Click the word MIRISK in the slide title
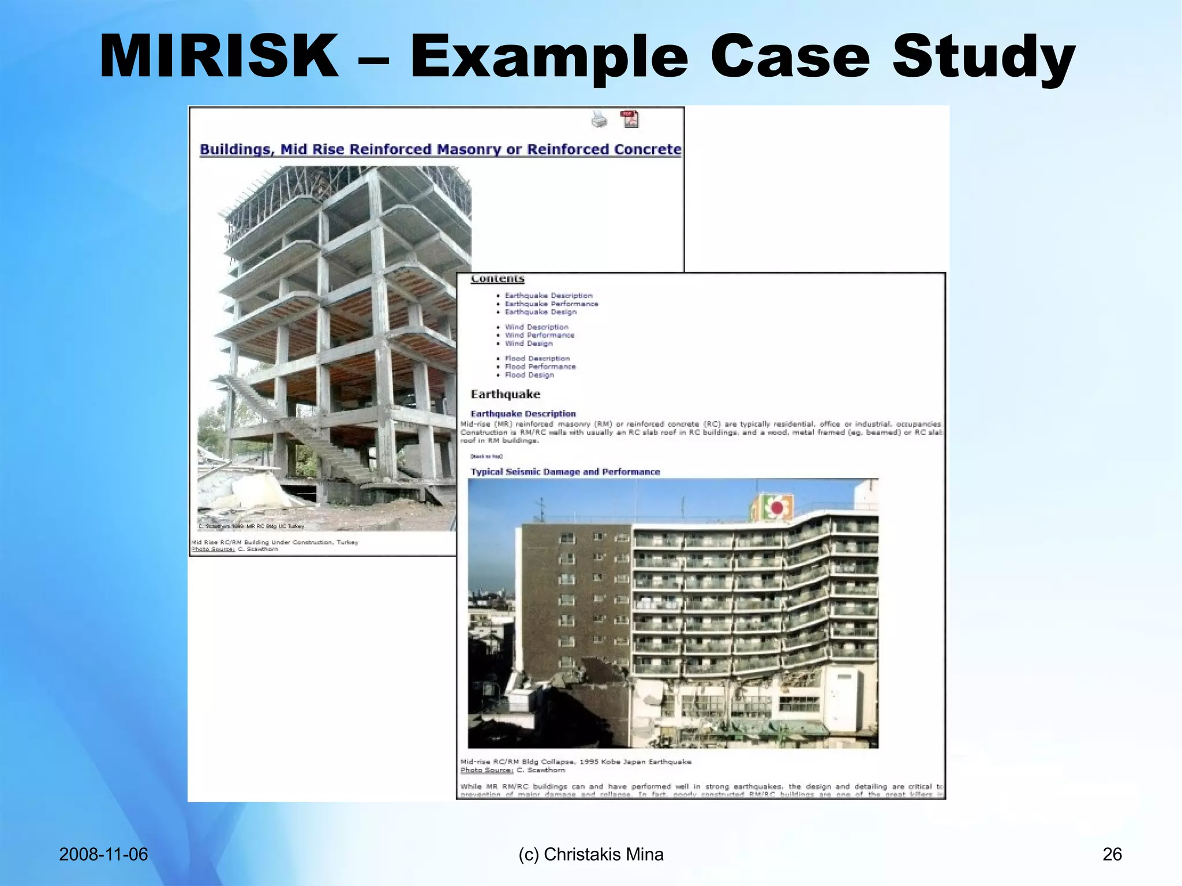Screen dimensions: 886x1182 point(219,57)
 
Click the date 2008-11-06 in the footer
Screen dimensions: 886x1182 point(103,854)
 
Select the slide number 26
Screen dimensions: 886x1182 point(1112,854)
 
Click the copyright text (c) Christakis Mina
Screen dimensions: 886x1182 point(591,854)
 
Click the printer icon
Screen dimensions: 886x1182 point(599,119)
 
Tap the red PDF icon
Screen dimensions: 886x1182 point(630,119)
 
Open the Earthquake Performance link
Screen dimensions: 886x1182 point(551,304)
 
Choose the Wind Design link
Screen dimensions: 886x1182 point(529,343)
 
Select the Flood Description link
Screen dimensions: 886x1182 point(537,358)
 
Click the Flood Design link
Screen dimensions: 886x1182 point(529,375)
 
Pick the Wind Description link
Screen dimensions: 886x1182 point(536,327)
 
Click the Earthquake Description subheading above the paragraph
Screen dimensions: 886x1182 point(523,414)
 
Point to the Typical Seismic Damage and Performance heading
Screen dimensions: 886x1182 point(565,472)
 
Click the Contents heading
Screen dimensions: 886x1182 point(498,279)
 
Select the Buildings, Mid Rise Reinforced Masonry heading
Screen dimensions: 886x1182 point(440,149)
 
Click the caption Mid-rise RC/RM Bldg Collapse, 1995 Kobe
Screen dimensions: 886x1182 point(575,762)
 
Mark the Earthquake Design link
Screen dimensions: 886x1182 point(540,312)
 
